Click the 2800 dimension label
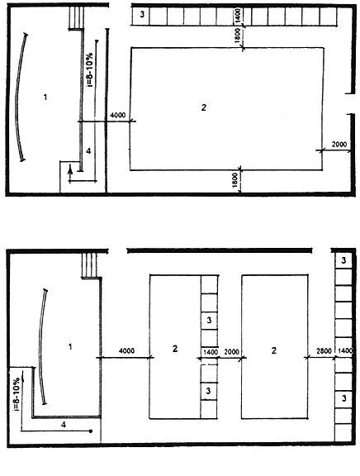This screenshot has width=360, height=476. [324, 351]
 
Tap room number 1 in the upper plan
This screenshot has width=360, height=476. [45, 98]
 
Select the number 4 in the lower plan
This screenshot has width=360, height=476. [64, 425]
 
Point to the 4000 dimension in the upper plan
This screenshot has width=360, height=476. [117, 115]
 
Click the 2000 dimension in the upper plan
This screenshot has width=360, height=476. [339, 144]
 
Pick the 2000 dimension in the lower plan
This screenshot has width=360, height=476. [231, 352]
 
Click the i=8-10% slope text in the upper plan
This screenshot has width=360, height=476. [90, 69]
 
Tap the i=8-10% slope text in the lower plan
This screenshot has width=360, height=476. [17, 394]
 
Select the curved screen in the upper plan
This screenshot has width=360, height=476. [20, 98]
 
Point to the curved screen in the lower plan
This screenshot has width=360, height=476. [40, 346]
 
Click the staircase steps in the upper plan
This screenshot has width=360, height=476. [76, 18]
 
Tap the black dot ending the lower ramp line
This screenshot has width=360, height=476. [91, 431]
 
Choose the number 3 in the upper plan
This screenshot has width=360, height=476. [142, 14]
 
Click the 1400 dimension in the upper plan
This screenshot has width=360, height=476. [238, 16]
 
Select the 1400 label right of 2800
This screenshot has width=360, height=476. [345, 351]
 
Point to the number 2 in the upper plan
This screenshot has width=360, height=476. [204, 107]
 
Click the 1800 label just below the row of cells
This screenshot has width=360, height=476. [238, 36]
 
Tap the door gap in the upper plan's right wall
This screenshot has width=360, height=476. [351, 103]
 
